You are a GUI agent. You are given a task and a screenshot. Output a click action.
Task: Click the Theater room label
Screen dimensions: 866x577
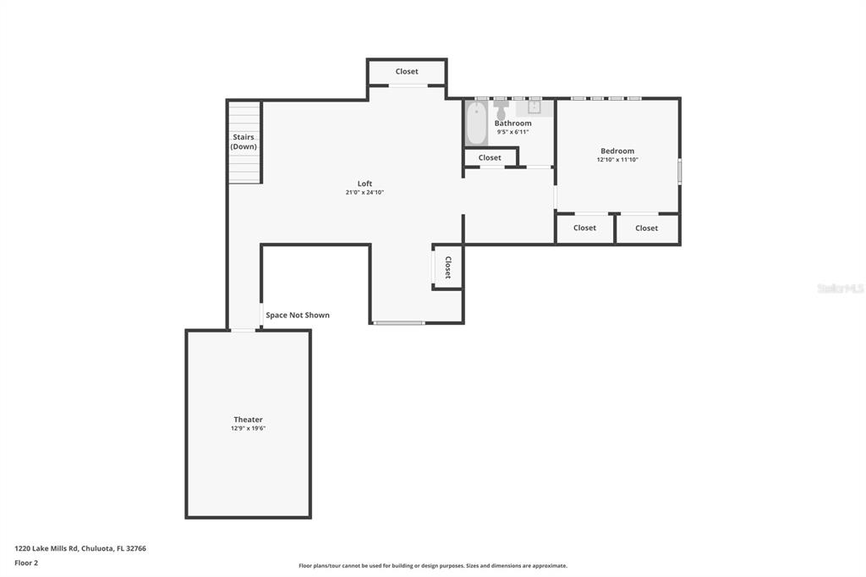tap(248, 420)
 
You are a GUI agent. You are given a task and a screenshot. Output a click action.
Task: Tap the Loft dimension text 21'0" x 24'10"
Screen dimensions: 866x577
tap(364, 192)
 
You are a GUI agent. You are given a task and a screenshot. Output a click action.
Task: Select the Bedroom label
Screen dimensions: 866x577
tap(617, 151)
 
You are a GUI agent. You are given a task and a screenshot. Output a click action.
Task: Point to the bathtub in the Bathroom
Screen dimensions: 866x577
tap(476, 124)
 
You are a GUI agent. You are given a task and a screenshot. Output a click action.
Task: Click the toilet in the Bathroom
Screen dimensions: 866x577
tap(501, 108)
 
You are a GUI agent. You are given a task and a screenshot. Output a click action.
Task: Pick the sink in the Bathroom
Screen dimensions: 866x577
tap(534, 106)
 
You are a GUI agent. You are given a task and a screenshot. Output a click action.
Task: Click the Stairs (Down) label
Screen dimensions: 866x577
tap(244, 141)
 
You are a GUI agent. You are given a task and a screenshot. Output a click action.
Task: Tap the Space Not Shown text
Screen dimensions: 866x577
tap(298, 315)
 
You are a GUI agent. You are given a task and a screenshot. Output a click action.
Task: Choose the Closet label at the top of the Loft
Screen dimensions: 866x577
tap(407, 71)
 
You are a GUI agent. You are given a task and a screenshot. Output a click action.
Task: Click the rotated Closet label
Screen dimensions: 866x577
tap(448, 267)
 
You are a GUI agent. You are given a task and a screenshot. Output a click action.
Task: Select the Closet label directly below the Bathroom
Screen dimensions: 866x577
tap(490, 157)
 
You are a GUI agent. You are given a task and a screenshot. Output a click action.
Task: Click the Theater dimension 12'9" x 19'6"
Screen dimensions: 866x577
tap(248, 428)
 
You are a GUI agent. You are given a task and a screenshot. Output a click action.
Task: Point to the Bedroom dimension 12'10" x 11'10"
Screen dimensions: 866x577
tap(617, 160)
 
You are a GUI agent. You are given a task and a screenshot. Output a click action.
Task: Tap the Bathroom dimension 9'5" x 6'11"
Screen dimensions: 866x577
tap(513, 132)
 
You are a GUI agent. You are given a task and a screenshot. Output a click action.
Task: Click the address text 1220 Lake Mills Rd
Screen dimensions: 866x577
tap(46, 548)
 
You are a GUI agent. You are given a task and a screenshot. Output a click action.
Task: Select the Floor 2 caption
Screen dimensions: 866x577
tap(26, 563)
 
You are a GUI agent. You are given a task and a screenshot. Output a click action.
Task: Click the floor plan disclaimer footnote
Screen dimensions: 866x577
tap(433, 565)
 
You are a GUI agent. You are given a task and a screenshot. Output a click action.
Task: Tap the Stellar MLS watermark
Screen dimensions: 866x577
tap(840, 288)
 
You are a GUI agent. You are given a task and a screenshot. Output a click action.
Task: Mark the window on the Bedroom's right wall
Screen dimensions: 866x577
tap(679, 171)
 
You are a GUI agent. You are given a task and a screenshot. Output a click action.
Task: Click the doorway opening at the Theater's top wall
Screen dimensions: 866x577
tap(243, 331)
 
